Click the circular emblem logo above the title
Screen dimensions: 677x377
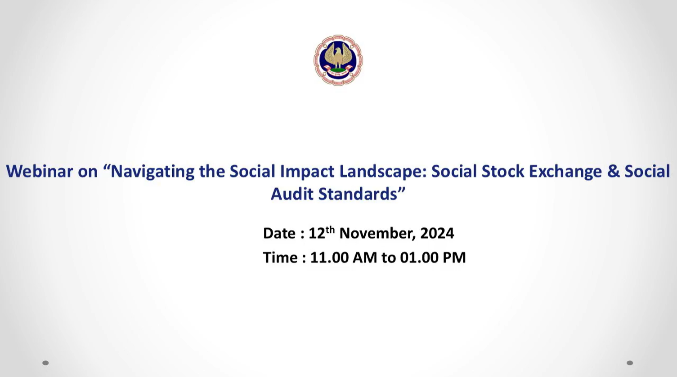(x=338, y=60)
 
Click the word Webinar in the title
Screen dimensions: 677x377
(x=40, y=171)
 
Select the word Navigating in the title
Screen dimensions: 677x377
(x=152, y=172)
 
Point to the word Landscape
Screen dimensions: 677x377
(x=383, y=172)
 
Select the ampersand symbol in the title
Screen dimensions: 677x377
(x=613, y=171)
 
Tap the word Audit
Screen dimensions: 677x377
(x=292, y=194)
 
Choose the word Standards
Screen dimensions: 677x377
(x=358, y=194)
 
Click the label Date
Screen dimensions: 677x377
(x=279, y=233)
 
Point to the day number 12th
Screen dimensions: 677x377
(x=322, y=232)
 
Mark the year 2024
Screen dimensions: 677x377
(x=437, y=233)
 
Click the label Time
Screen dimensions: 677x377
(x=280, y=257)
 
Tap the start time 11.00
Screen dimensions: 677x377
(x=329, y=257)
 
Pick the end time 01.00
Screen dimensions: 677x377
(x=419, y=257)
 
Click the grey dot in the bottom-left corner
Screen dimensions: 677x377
(x=45, y=363)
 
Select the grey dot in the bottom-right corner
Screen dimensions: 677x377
(x=630, y=363)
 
